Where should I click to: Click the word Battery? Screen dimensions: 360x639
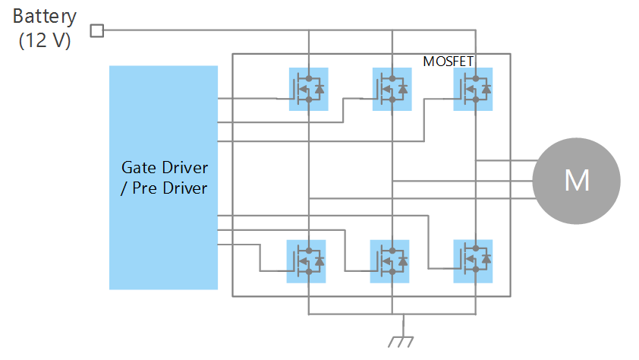coord(45,16)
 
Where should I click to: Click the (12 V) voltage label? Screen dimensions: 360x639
coord(45,40)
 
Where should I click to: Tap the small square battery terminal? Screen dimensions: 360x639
coord(96,30)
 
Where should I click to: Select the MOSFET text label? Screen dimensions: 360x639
coord(453,61)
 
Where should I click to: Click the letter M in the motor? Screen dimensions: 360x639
coord(576,181)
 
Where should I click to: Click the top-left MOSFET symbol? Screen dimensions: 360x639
coord(308,90)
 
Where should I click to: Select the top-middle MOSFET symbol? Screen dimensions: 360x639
coord(392,90)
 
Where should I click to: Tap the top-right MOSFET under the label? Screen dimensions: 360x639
coord(473,90)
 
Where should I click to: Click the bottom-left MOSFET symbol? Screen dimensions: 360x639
coord(306,261)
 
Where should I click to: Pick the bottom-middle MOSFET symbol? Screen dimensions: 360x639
coord(389,261)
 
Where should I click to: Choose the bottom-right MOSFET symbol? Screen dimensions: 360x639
coord(473,261)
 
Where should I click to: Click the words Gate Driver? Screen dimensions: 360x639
coord(164,167)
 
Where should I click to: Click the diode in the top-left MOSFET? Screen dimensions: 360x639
coord(319,90)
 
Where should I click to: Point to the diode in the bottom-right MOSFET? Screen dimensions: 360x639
coord(485,261)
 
